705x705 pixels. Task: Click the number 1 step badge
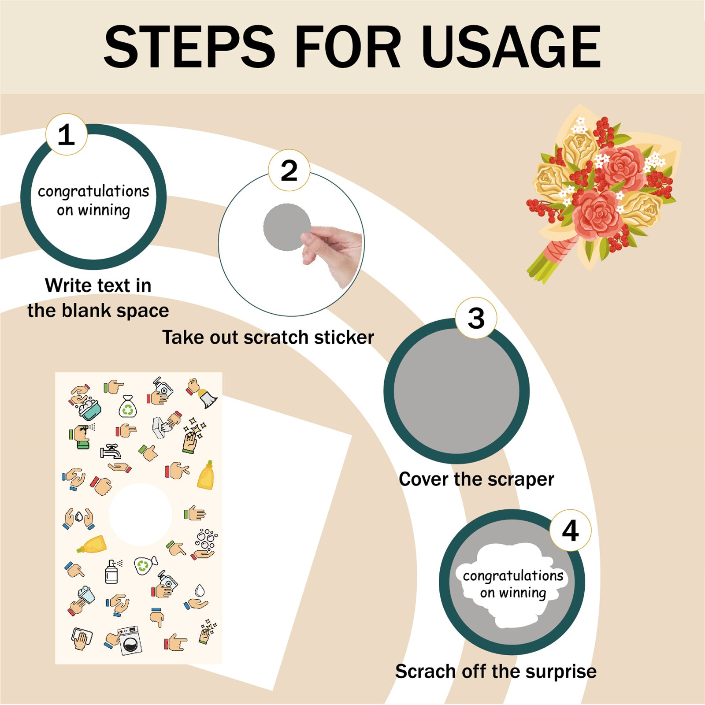[66, 134]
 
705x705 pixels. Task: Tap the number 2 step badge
[289, 170]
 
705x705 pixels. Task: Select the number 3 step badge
[476, 318]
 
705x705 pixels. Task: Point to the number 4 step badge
[570, 531]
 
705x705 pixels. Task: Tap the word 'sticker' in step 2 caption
[344, 338]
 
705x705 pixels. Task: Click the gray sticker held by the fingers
[287, 227]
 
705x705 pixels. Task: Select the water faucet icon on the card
[110, 451]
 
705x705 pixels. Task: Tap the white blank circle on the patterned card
[140, 515]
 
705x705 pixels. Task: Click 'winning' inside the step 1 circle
[104, 211]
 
